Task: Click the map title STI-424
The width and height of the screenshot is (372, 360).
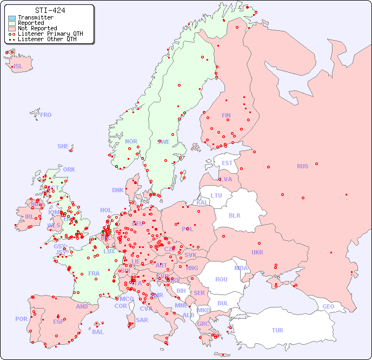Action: tap(50, 10)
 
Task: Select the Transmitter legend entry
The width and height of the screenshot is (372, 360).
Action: tap(35, 18)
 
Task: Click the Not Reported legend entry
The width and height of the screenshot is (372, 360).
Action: tap(37, 28)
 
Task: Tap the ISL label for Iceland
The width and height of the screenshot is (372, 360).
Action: tap(18, 67)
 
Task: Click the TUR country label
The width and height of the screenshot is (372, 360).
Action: tap(277, 330)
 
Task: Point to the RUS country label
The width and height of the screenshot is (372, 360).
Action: tap(302, 166)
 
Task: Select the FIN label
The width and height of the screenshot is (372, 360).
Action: tap(226, 115)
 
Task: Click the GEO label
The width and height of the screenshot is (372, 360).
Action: tap(328, 306)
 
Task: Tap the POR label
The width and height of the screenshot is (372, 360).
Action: tap(21, 319)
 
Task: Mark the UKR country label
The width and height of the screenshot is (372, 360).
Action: tap(257, 252)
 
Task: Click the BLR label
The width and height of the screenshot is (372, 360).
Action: tap(234, 215)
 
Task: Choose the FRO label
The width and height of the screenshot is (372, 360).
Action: tap(46, 115)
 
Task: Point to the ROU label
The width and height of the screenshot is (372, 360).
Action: tap(221, 279)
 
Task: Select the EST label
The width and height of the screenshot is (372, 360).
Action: tap(227, 163)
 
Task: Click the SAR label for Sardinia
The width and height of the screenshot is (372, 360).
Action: tap(142, 320)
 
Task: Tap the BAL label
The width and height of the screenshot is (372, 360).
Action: tap(97, 332)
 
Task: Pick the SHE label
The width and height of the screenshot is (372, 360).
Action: tap(63, 146)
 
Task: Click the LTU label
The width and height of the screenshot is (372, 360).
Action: tap(216, 195)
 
